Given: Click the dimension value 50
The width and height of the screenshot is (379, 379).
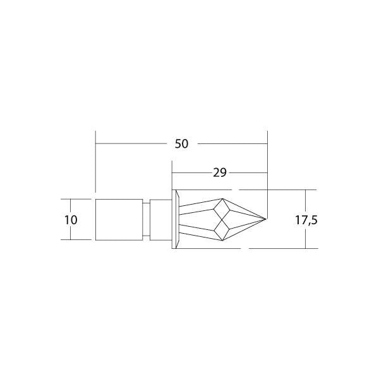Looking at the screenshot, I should click(181, 144).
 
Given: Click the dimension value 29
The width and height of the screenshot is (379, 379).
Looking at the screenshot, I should click(219, 172).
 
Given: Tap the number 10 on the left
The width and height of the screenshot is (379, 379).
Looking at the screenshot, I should click(71, 220).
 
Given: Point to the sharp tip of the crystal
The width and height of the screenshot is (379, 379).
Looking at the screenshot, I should click(266, 219).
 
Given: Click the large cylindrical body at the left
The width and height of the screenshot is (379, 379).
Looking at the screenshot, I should click(119, 219).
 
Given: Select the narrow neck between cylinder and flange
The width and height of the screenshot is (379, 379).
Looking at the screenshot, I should click(147, 219).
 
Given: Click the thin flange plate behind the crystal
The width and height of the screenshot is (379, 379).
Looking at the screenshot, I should click(174, 219).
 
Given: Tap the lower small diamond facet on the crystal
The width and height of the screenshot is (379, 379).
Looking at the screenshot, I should click(221, 230).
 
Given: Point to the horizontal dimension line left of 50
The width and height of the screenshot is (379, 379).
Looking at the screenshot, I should click(133, 144).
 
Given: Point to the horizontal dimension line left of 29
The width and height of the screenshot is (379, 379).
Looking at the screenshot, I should click(189, 172).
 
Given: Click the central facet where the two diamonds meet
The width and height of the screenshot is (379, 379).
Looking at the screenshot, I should click(221, 219).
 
